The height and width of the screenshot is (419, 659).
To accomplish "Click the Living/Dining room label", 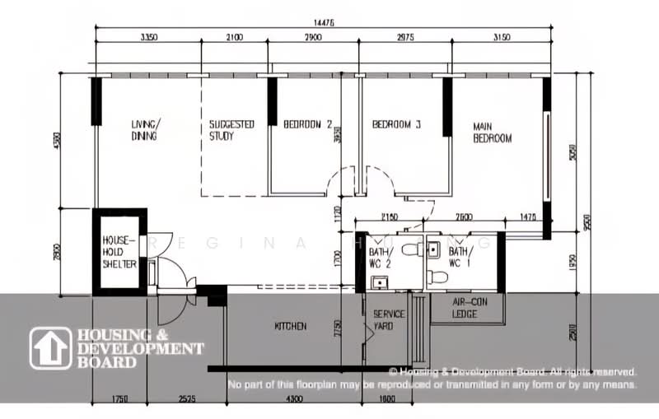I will tap(145, 130).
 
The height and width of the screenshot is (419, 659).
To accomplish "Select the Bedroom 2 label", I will tap(307, 125).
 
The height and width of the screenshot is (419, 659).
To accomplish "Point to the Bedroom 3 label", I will tap(396, 125).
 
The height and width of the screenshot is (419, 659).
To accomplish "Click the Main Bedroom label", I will tap(492, 133).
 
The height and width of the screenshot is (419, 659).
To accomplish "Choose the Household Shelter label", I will tap(119, 252).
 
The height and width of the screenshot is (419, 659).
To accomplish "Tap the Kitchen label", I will tap(290, 327).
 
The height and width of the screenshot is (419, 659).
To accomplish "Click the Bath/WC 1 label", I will tap(460, 256).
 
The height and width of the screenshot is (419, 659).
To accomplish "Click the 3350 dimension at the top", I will tap(149, 37).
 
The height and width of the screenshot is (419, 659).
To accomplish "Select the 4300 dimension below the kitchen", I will tap(293, 400).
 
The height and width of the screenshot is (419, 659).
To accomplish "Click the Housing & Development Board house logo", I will tap(51, 348).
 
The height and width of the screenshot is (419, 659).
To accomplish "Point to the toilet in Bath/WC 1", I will tap(438, 277).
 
